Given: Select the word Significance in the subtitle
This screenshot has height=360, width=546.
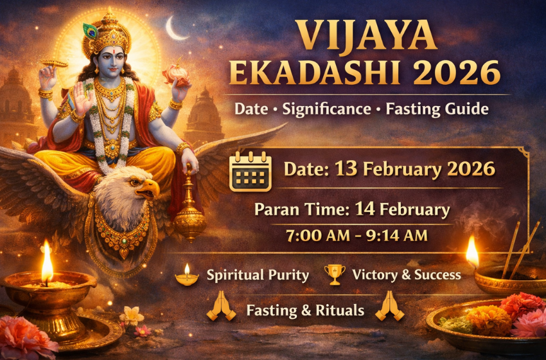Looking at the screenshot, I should point(329,109).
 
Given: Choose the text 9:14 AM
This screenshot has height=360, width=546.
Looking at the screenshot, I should point(398,236).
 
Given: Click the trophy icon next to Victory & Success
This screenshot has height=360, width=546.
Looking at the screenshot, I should point(335,274).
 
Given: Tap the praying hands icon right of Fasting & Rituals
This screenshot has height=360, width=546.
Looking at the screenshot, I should point(389,307).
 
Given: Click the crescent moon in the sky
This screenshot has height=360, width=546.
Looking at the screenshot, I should point(175,29).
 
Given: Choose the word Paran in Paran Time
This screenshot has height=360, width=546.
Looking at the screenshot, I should point(274,210).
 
